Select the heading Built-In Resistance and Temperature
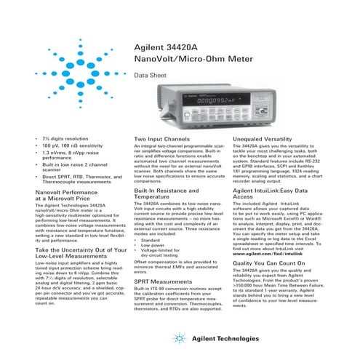167,193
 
